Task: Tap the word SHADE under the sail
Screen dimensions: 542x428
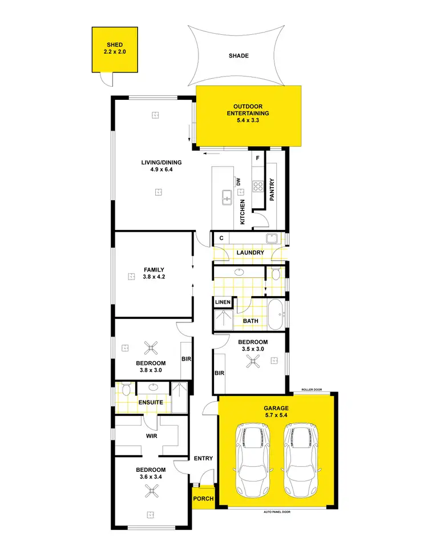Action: tap(239, 56)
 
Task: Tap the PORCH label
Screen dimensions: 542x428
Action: tap(203, 499)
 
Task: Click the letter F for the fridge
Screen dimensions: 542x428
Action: tap(258, 157)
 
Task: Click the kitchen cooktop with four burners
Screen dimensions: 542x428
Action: tap(258, 185)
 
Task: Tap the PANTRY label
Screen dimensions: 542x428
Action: tap(272, 190)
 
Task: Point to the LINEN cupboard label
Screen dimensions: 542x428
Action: tap(222, 302)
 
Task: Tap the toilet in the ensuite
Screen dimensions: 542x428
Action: tap(126, 389)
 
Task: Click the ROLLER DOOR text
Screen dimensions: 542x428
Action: tap(312, 390)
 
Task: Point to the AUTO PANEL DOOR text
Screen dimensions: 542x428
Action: tap(277, 512)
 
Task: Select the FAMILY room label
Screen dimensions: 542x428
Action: tap(154, 270)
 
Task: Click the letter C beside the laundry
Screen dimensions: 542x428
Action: tap(220, 237)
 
